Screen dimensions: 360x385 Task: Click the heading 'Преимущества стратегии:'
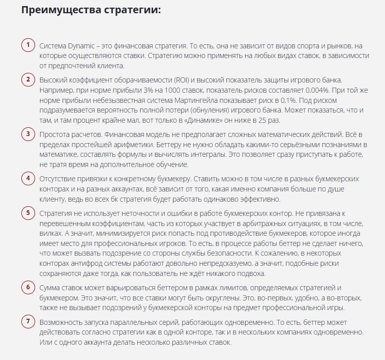(x=91, y=10)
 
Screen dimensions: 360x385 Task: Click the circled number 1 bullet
(x=28, y=45)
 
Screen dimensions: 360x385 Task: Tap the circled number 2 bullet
(x=28, y=79)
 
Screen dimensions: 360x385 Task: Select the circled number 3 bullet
(x=28, y=134)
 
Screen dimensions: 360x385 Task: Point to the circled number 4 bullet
(x=28, y=178)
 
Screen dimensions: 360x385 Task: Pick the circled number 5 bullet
(x=28, y=212)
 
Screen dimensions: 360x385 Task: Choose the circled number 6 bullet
(x=28, y=287)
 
